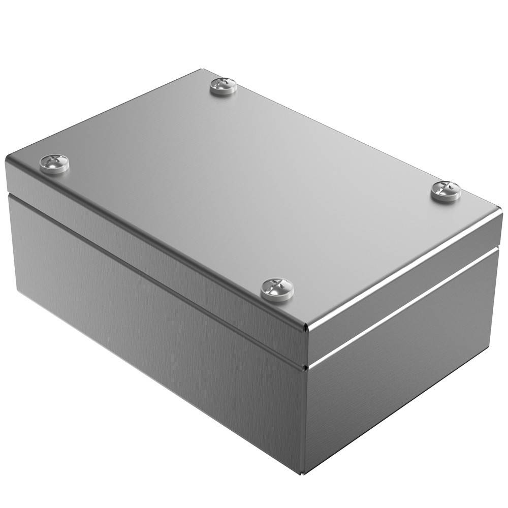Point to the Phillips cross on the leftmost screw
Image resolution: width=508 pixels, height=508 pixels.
(54, 162)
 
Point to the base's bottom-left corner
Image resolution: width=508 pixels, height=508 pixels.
(18, 294)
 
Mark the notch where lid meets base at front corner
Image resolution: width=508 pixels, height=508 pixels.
(305, 364)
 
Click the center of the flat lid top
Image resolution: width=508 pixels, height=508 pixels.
(254, 188)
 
